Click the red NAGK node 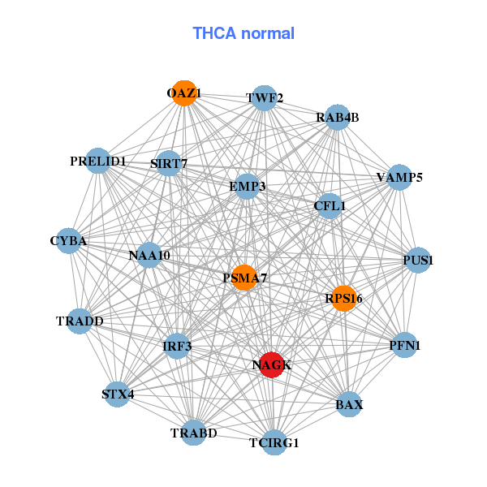(272, 364)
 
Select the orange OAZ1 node (184, 93)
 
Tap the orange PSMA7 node (244, 278)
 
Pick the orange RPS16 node (343, 299)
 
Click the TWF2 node (264, 98)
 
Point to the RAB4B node (338, 118)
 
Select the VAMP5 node (399, 177)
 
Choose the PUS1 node (418, 260)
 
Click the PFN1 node (404, 345)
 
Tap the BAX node (349, 404)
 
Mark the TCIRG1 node (274, 442)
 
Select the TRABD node (193, 433)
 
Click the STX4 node (117, 394)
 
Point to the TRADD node (80, 321)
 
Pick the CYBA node (68, 241)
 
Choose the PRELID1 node (98, 161)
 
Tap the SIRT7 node (169, 163)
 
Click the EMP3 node (247, 187)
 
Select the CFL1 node (330, 206)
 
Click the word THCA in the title (214, 33)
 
